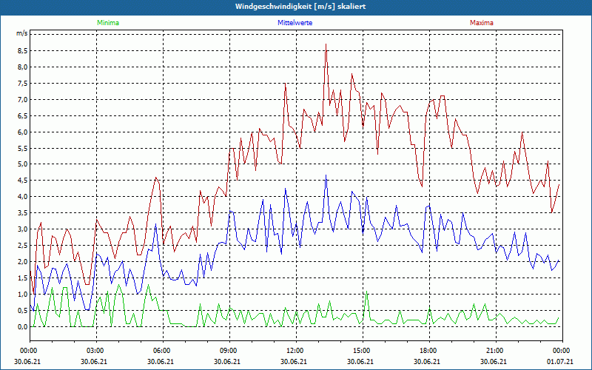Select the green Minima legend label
(107, 23)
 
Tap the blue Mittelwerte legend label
(295, 23)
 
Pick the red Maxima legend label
(481, 23)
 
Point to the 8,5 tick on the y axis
(21, 51)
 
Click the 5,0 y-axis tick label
(21, 164)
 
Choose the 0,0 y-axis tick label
(21, 326)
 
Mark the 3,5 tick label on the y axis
(21, 213)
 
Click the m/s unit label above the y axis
(21, 34)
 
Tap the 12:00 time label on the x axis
(295, 351)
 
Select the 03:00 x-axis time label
(95, 351)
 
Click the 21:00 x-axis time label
(494, 351)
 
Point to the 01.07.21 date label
(561, 362)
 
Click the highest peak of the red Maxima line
(326, 44)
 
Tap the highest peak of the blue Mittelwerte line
(326, 175)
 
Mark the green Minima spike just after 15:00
(366, 293)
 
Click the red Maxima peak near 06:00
(156, 178)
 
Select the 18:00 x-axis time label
(428, 351)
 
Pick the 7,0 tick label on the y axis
(21, 100)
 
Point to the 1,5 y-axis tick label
(21, 277)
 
